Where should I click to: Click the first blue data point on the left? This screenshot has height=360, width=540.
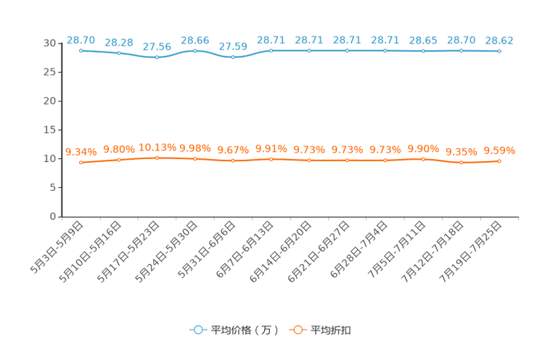coord(81,50)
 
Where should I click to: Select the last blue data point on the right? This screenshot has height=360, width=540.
coord(499,51)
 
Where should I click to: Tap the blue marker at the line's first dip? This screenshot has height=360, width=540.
coord(157,57)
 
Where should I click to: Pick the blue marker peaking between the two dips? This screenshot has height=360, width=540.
coord(195,50)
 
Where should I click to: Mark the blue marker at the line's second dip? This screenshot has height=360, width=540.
coord(233,57)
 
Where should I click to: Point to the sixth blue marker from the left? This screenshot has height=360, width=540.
coord(271,50)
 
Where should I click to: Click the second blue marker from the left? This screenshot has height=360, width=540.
coord(119,53)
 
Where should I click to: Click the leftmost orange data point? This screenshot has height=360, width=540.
coord(81,162)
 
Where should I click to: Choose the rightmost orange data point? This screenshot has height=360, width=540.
coord(499,160)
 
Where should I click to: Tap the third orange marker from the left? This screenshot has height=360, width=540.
coord(157,157)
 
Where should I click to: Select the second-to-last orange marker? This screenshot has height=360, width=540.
coord(461,163)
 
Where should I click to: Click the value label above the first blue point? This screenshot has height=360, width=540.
coord(81,38)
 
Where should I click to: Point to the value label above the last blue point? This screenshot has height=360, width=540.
coord(499,39)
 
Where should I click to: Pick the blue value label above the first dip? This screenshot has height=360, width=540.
coord(157,46)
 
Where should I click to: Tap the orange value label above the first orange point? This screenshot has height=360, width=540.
coord(81,152)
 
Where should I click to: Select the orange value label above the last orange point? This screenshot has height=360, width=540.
coord(499,150)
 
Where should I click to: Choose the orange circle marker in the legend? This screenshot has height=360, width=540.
coord(297,330)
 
